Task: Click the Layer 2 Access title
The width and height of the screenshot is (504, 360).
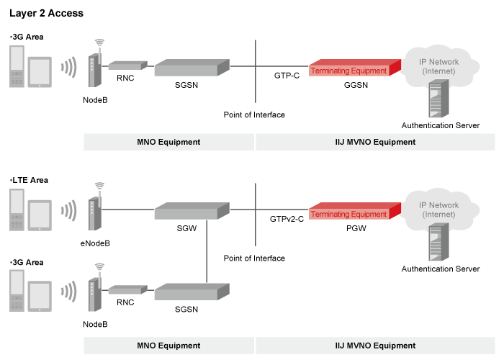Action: pos(46,13)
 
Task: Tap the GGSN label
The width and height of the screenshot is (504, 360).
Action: pos(355,84)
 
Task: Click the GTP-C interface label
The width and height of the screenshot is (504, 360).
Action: pos(287,75)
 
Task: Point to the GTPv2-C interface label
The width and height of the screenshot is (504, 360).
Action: pos(286,218)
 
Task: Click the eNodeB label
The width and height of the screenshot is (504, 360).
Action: pos(96,243)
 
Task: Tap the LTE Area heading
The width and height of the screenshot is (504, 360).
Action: pos(31,180)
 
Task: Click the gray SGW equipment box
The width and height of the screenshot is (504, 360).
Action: pos(191,211)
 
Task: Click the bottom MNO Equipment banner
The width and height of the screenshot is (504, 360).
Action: pos(168,346)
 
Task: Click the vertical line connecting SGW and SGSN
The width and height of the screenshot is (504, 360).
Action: pos(207,252)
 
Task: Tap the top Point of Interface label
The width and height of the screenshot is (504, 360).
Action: pos(254,114)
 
